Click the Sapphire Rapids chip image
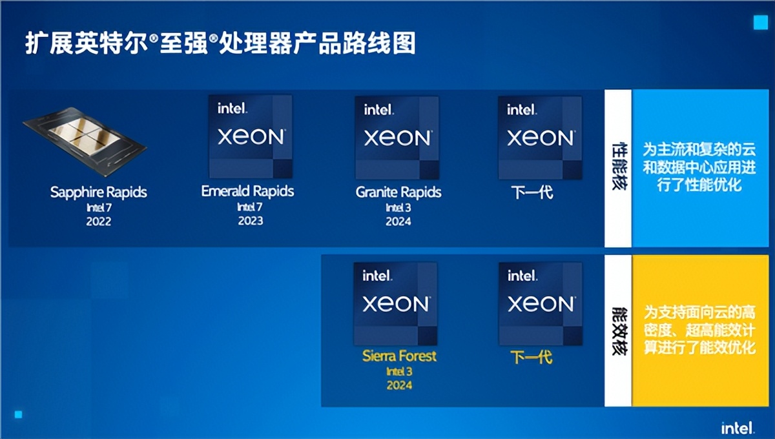[x=85, y=141]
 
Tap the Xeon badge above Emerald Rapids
[x=251, y=137]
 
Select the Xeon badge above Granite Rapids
[x=397, y=138]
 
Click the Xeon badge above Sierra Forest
[x=395, y=303]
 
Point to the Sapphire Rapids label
[x=99, y=192]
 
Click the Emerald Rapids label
[x=248, y=191]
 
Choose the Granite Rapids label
[x=398, y=192]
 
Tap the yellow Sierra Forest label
[x=399, y=356]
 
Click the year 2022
[x=99, y=221]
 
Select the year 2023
[x=251, y=221]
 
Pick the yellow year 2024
[x=399, y=385]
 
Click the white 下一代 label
[x=532, y=192]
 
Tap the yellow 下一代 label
[x=532, y=357]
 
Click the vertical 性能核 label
[x=619, y=166]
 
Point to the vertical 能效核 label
[x=619, y=331]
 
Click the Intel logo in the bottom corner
[x=738, y=428]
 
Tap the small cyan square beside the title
[x=761, y=23]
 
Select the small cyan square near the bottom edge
[x=18, y=414]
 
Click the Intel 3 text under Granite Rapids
[x=398, y=208]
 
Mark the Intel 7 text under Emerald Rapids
[x=250, y=207]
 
